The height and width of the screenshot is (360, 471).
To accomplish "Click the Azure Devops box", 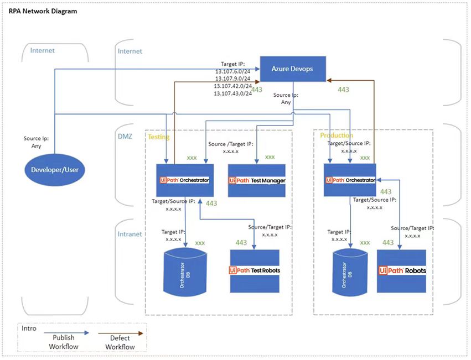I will point(293,69).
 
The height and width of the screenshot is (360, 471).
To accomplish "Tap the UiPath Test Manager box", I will point(257,180).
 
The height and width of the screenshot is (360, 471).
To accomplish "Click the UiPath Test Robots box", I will point(255,270).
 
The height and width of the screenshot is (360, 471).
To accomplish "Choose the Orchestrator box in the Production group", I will point(350,180).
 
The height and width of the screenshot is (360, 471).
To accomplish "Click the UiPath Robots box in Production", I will point(402,271).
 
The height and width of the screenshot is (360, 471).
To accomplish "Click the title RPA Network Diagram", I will point(43,11).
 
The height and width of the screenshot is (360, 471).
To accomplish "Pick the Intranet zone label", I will point(130,234).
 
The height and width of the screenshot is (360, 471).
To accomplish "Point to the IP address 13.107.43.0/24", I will point(233,93).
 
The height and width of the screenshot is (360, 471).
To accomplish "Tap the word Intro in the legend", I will point(29,328).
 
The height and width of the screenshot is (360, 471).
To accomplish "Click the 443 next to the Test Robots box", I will point(241,243).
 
